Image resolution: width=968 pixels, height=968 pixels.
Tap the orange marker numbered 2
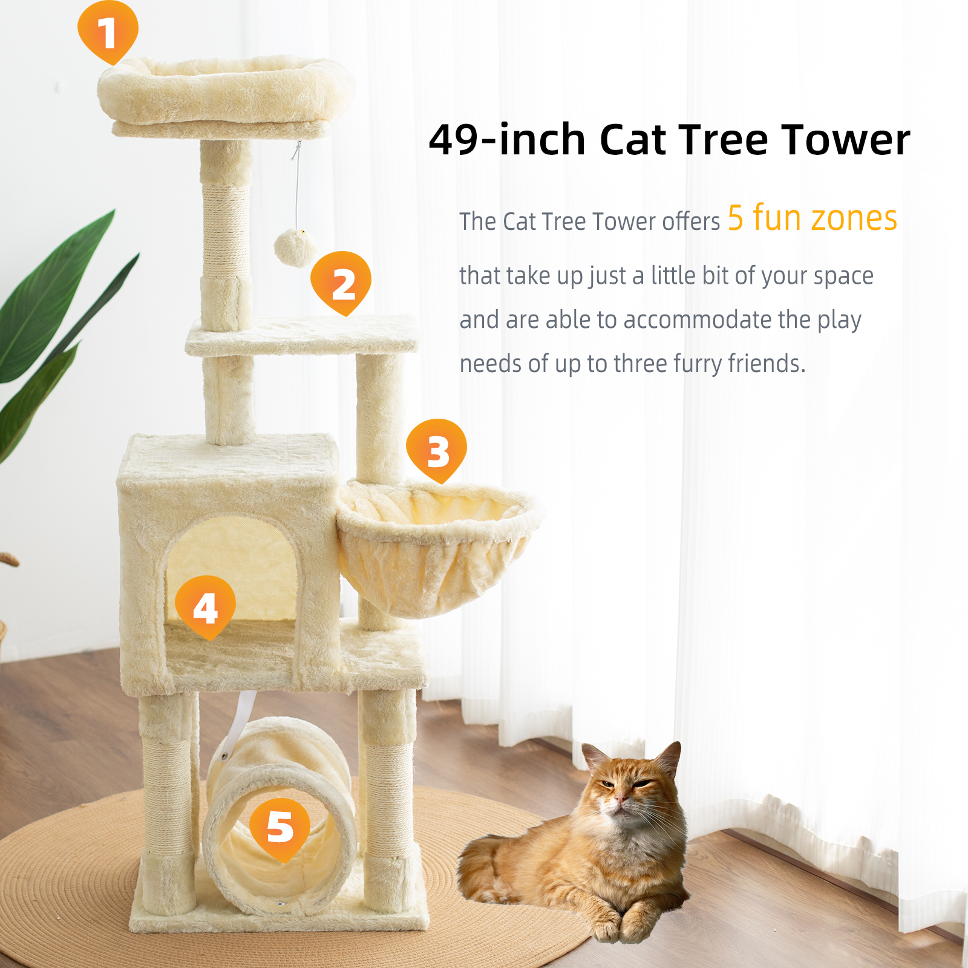[x=341, y=282]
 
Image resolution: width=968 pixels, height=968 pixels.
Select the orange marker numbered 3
[x=436, y=450]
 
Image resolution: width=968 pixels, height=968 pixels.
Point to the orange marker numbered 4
[x=205, y=606]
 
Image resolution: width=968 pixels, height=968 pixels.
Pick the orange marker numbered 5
[x=280, y=826]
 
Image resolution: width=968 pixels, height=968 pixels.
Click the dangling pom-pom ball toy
[x=295, y=247]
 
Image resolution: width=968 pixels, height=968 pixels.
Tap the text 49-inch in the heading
[x=507, y=140]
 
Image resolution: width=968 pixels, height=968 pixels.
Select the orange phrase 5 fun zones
[x=812, y=218]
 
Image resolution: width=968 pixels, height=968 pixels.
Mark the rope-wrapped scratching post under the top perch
[x=226, y=230]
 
